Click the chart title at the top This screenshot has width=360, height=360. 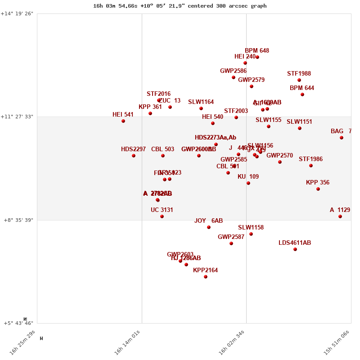[180, 6]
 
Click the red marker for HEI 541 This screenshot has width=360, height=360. [123, 121]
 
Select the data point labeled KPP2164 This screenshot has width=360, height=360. [206, 277]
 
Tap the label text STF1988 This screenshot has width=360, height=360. [299, 74]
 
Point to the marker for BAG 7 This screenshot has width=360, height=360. [342, 138]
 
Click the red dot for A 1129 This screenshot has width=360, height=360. [340, 216]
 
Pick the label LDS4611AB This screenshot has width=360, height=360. [295, 243]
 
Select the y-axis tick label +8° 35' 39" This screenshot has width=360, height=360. [18, 220]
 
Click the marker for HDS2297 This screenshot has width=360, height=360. [134, 156]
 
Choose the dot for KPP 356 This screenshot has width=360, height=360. [318, 189]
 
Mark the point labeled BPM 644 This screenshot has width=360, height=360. [302, 94]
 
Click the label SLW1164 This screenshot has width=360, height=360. [201, 102]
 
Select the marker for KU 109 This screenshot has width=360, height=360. [248, 183]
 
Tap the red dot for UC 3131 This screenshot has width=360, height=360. [162, 216]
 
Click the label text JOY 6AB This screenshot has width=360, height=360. [208, 221]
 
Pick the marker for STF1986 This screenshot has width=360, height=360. [311, 166]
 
